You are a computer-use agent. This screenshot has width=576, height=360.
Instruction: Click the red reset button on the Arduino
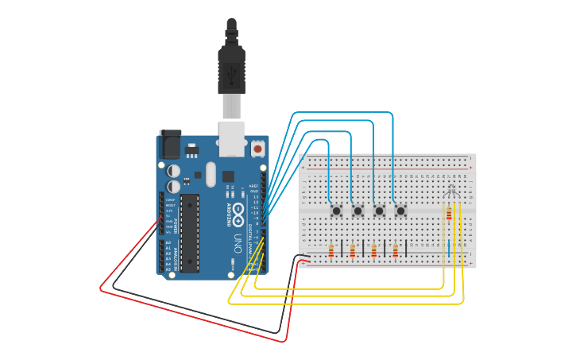[257, 149]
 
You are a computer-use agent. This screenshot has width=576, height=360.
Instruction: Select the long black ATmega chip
[189, 233]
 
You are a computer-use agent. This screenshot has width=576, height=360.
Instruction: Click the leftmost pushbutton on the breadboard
[337, 211]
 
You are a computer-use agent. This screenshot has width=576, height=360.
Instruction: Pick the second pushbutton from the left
[358, 211]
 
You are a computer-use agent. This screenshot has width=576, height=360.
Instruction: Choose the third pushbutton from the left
[380, 211]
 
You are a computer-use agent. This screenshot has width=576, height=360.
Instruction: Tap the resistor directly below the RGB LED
[450, 213]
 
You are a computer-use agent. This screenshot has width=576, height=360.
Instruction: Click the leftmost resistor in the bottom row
[331, 251]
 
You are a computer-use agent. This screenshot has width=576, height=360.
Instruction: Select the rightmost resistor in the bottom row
[396, 251]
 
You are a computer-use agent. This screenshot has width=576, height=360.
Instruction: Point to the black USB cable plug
[231, 67]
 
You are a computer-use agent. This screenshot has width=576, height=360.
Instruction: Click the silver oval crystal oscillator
[210, 175]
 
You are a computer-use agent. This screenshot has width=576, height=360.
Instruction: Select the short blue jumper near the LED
[449, 248]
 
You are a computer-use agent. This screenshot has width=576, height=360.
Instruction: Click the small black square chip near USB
[228, 176]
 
